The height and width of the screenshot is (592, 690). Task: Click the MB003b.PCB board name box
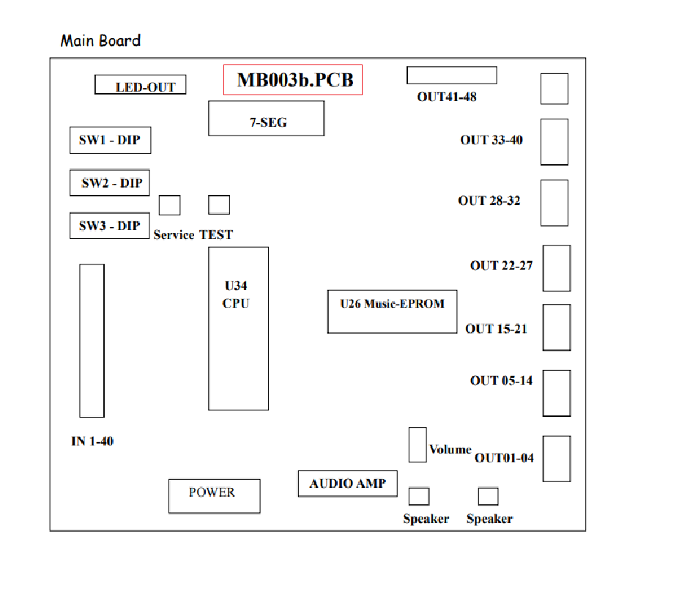[x=293, y=80]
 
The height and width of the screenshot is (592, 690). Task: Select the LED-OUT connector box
[x=141, y=84]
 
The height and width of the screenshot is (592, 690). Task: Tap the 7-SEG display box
[x=266, y=119]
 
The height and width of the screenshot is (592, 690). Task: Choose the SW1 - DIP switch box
[x=111, y=140]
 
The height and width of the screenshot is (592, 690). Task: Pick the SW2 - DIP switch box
[x=110, y=182]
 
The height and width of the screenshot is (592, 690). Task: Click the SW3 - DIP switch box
[x=110, y=226]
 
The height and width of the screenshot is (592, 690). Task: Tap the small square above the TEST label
[x=219, y=204]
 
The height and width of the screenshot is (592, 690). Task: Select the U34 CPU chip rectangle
[x=239, y=328]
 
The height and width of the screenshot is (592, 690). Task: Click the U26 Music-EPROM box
[x=392, y=311]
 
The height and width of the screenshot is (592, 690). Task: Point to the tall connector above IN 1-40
[x=92, y=340]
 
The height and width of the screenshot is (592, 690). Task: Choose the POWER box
[x=215, y=496]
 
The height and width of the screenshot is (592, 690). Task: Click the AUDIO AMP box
[x=348, y=484]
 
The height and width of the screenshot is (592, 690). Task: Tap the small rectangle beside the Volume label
[x=418, y=445]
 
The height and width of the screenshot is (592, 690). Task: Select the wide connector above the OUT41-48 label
[x=452, y=75]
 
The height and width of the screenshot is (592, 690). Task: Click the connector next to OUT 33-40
[x=554, y=142]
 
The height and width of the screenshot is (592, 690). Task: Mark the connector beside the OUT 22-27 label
[x=557, y=268]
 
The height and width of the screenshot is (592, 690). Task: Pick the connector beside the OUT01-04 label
[x=557, y=459]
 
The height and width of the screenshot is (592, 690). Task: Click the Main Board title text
[x=101, y=40]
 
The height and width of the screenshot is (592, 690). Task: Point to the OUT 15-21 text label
[x=496, y=329]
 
